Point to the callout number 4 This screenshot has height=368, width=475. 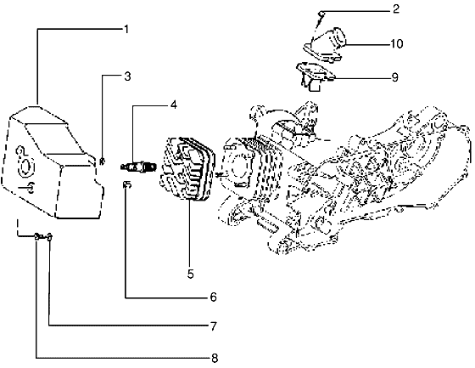173,105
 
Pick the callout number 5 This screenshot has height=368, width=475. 191,274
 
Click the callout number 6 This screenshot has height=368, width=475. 214,297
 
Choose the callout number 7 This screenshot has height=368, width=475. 215,326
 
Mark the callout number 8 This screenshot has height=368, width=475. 215,357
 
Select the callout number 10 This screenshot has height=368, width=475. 396,43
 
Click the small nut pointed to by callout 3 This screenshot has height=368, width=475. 102,160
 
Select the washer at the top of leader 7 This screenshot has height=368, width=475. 49,237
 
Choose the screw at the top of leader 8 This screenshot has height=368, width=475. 37,237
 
